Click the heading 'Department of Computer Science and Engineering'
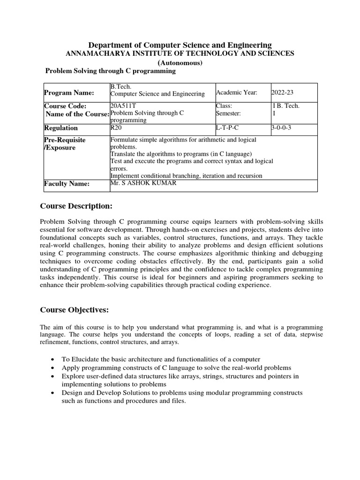180,45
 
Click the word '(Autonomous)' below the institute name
180,63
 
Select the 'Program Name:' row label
69,93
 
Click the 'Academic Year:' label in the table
237,93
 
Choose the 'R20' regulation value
115,127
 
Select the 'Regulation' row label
61,128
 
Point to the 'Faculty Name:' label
67,184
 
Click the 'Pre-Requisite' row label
65,140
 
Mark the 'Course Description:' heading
76,207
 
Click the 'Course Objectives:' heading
75,310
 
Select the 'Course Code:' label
65,106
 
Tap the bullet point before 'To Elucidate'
52,359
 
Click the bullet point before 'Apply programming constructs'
52,368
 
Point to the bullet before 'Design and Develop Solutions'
52,393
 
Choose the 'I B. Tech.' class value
285,106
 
